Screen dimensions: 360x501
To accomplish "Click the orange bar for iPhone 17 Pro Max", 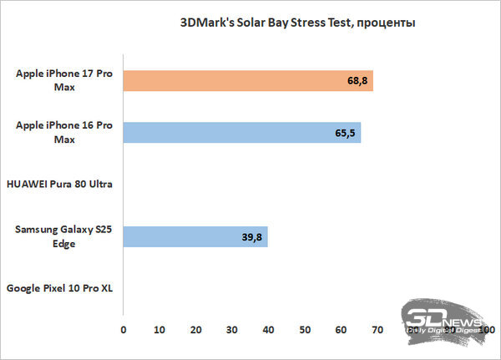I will tap(248, 81).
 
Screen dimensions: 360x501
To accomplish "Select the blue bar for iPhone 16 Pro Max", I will tap(242, 133).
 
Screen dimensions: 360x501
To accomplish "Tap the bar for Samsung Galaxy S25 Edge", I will tap(195, 236).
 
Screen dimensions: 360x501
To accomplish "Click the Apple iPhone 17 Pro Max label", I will tap(63, 81).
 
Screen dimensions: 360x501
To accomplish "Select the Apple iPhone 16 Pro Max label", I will tap(63, 133).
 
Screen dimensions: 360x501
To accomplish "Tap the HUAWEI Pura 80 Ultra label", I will tap(59, 184).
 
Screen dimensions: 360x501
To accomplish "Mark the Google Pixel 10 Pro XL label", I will tap(59, 288).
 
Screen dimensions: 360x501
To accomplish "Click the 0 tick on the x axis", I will tap(124, 332).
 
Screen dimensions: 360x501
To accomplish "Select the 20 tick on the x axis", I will tap(195, 332).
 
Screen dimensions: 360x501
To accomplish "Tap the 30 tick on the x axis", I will tap(232, 332).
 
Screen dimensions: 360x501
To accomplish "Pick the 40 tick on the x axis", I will tap(268, 332).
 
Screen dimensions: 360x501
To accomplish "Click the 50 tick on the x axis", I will tap(305, 332).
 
